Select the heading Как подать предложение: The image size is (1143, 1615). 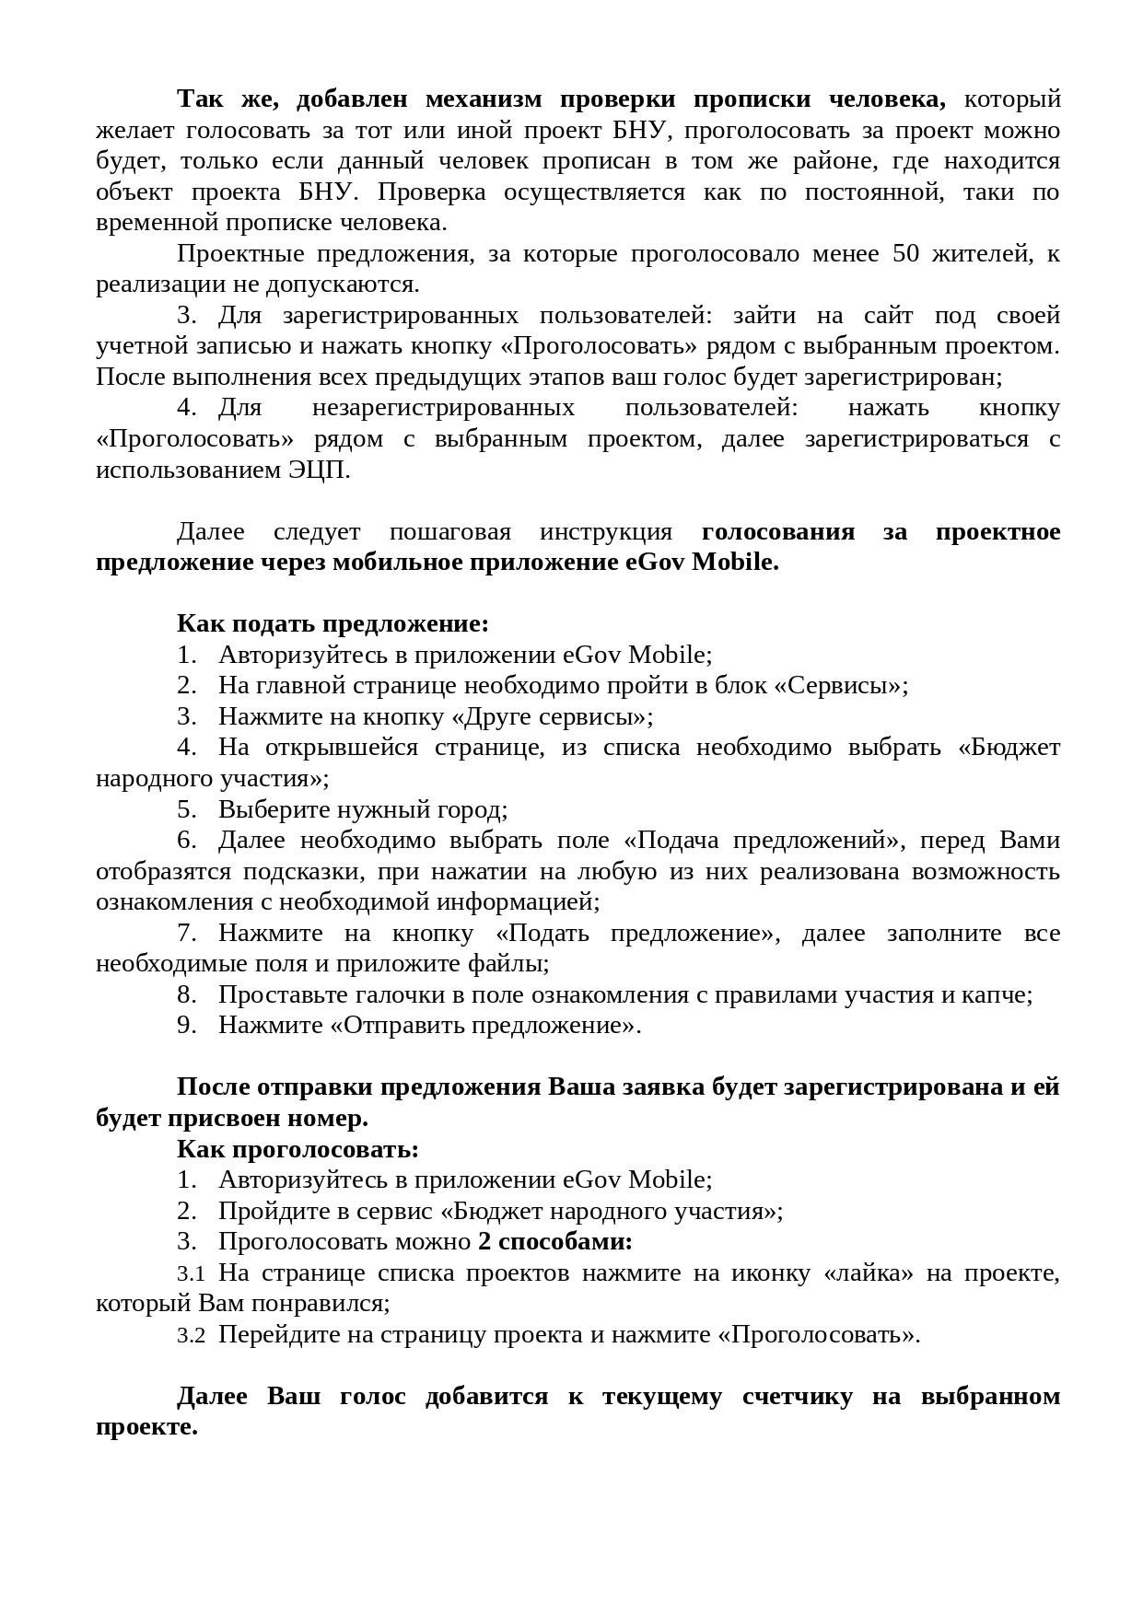pos(332,624)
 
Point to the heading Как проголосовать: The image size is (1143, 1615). pos(297,1149)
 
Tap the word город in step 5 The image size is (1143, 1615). pos(472,810)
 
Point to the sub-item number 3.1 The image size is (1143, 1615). pos(192,1274)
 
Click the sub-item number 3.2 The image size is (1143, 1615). pos(192,1336)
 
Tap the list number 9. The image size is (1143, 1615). pos(187,1026)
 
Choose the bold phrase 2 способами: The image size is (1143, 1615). pos(555,1242)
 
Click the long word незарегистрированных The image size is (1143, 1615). pos(443,408)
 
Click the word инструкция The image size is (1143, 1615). pos(605,532)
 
